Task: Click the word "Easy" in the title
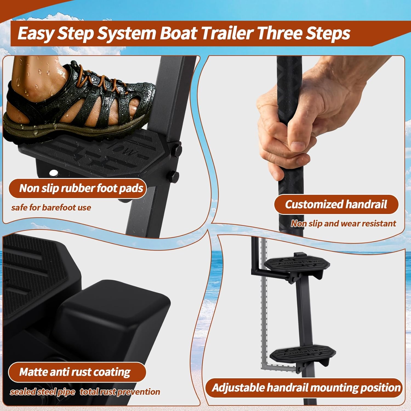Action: pyautogui.click(x=35, y=33)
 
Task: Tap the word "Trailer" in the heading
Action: pyautogui.click(x=227, y=33)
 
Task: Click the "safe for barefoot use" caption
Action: pyautogui.click(x=51, y=207)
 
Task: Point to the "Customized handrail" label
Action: pyautogui.click(x=336, y=204)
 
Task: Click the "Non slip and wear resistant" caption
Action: pyautogui.click(x=343, y=224)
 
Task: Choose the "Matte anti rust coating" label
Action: pyautogui.click(x=75, y=372)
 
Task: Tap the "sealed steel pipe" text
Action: pyautogui.click(x=42, y=392)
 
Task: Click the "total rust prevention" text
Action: pyautogui.click(x=120, y=392)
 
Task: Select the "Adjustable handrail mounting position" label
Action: pyautogui.click(x=306, y=388)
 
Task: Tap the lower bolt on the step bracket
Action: pyautogui.click(x=173, y=175)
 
